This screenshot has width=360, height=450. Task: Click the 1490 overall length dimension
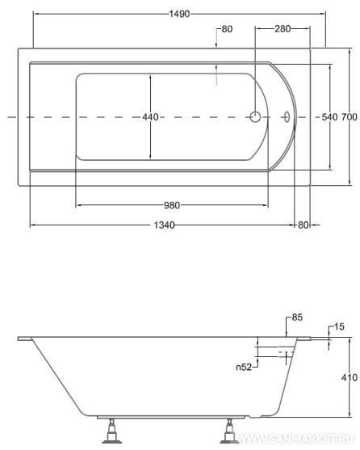[x=179, y=14]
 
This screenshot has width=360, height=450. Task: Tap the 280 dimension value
[x=283, y=29]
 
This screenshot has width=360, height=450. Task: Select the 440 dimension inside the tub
[x=150, y=117]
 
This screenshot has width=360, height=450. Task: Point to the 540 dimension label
[x=329, y=117]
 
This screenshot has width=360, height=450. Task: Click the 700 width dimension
[x=350, y=117]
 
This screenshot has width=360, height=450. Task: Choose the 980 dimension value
[x=172, y=205]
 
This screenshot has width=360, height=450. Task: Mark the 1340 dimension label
[x=164, y=225]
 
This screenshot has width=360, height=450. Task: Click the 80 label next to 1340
[x=303, y=225]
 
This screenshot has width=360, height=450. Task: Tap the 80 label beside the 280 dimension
[x=227, y=29]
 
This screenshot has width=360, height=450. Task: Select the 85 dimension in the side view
[x=297, y=318]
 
